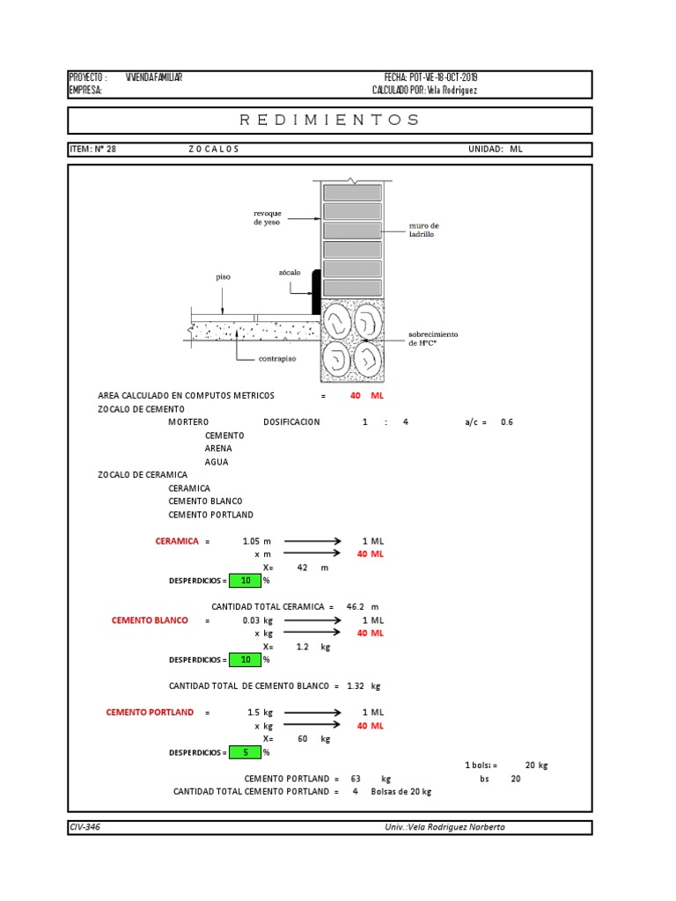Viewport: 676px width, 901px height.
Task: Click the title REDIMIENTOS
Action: coord(330,120)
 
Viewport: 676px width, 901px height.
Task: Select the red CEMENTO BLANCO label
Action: coord(150,620)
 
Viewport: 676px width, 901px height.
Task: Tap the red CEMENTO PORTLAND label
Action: coord(150,712)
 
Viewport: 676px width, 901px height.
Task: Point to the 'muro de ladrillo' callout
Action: coord(422,231)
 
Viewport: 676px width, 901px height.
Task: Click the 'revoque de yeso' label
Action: coord(268,218)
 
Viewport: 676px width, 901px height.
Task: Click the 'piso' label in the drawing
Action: coord(223,277)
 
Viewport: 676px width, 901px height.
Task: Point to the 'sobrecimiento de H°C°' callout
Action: coord(433,339)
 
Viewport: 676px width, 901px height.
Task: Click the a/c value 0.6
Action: coord(506,422)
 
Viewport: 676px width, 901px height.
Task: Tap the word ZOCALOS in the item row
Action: coord(214,150)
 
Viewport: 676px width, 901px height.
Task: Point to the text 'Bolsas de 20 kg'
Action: coord(401,792)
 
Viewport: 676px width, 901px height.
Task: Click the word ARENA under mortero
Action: coord(218,449)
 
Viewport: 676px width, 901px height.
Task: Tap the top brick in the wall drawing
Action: coord(351,193)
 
